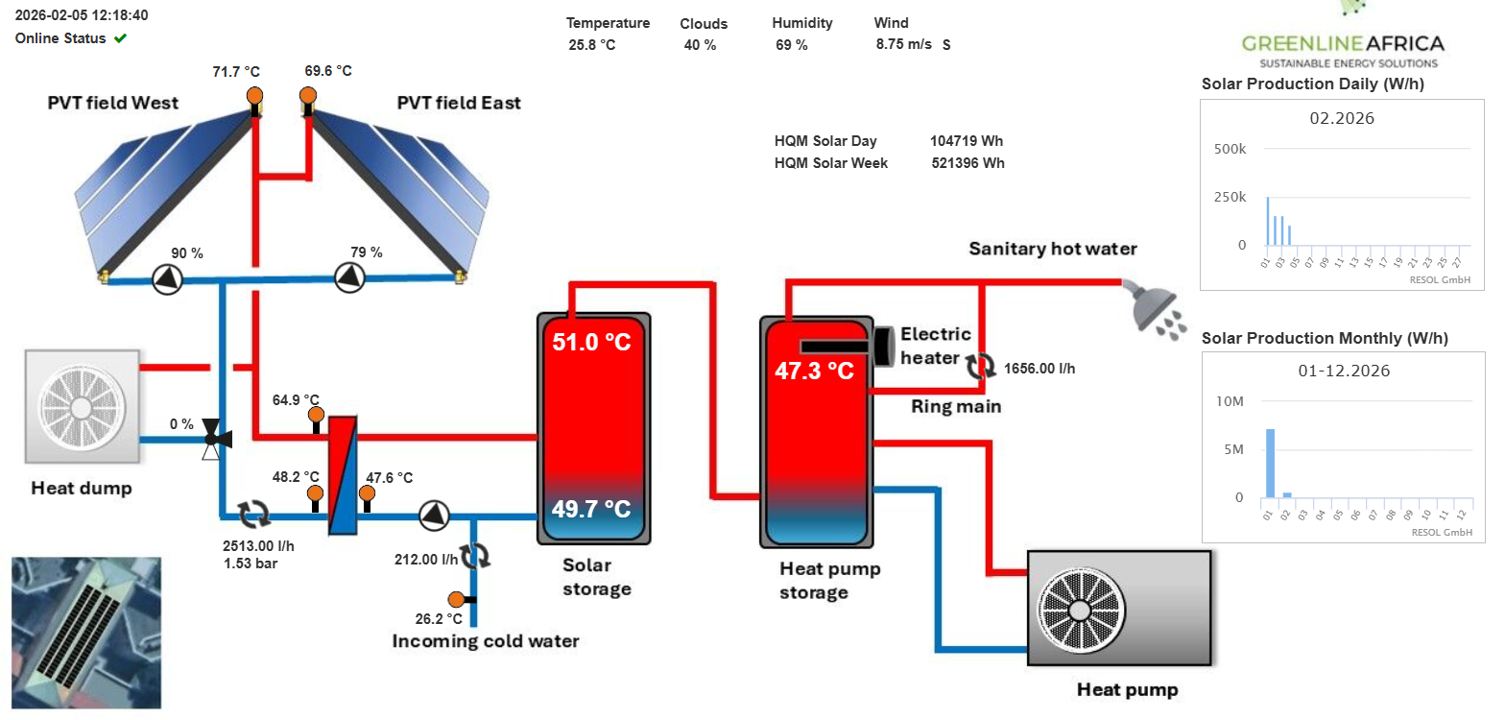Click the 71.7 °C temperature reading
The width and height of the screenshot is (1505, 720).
(x=236, y=72)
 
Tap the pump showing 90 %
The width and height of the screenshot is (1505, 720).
(x=167, y=278)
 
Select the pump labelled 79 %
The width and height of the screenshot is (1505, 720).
(x=349, y=277)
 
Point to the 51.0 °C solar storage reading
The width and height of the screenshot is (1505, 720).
(x=591, y=343)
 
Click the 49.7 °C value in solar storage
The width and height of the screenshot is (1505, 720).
(x=591, y=509)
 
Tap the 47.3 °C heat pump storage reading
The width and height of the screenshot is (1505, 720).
(x=814, y=372)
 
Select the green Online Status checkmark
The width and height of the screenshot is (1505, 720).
(x=120, y=38)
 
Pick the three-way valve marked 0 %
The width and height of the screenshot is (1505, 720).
(x=211, y=440)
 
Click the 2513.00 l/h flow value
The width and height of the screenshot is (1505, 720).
(x=258, y=546)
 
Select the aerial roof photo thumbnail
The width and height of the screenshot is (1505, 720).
(x=85, y=633)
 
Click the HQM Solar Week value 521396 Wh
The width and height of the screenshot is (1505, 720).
(x=967, y=163)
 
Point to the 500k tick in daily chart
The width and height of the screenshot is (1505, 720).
(x=1230, y=149)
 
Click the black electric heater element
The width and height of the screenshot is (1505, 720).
(x=838, y=346)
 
